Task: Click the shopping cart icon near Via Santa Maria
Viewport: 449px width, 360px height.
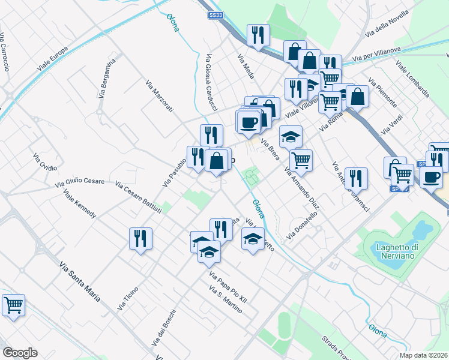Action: click(13, 304)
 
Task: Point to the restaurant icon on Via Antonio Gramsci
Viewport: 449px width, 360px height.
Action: click(356, 178)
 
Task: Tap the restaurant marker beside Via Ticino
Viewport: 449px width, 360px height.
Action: click(140, 238)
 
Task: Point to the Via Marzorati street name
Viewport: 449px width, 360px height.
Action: click(159, 96)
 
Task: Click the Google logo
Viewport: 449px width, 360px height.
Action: click(20, 353)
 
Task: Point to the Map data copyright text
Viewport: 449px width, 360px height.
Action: click(424, 355)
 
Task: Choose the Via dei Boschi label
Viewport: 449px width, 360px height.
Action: click(164, 328)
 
